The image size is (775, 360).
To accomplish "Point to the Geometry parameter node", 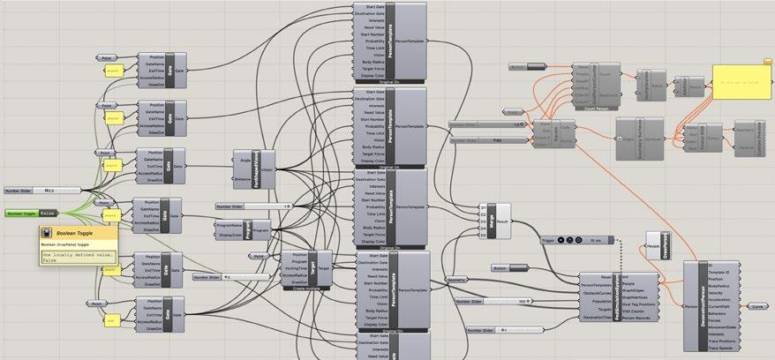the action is (x=457, y=279).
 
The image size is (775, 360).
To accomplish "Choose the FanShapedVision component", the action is (x=266, y=167).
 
